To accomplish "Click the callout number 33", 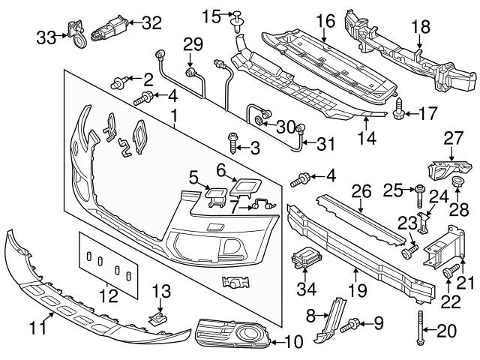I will pos(45,36).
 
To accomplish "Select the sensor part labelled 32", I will pos(106,30).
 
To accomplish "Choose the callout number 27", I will pos(452,137).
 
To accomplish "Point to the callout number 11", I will pos(41,326).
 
